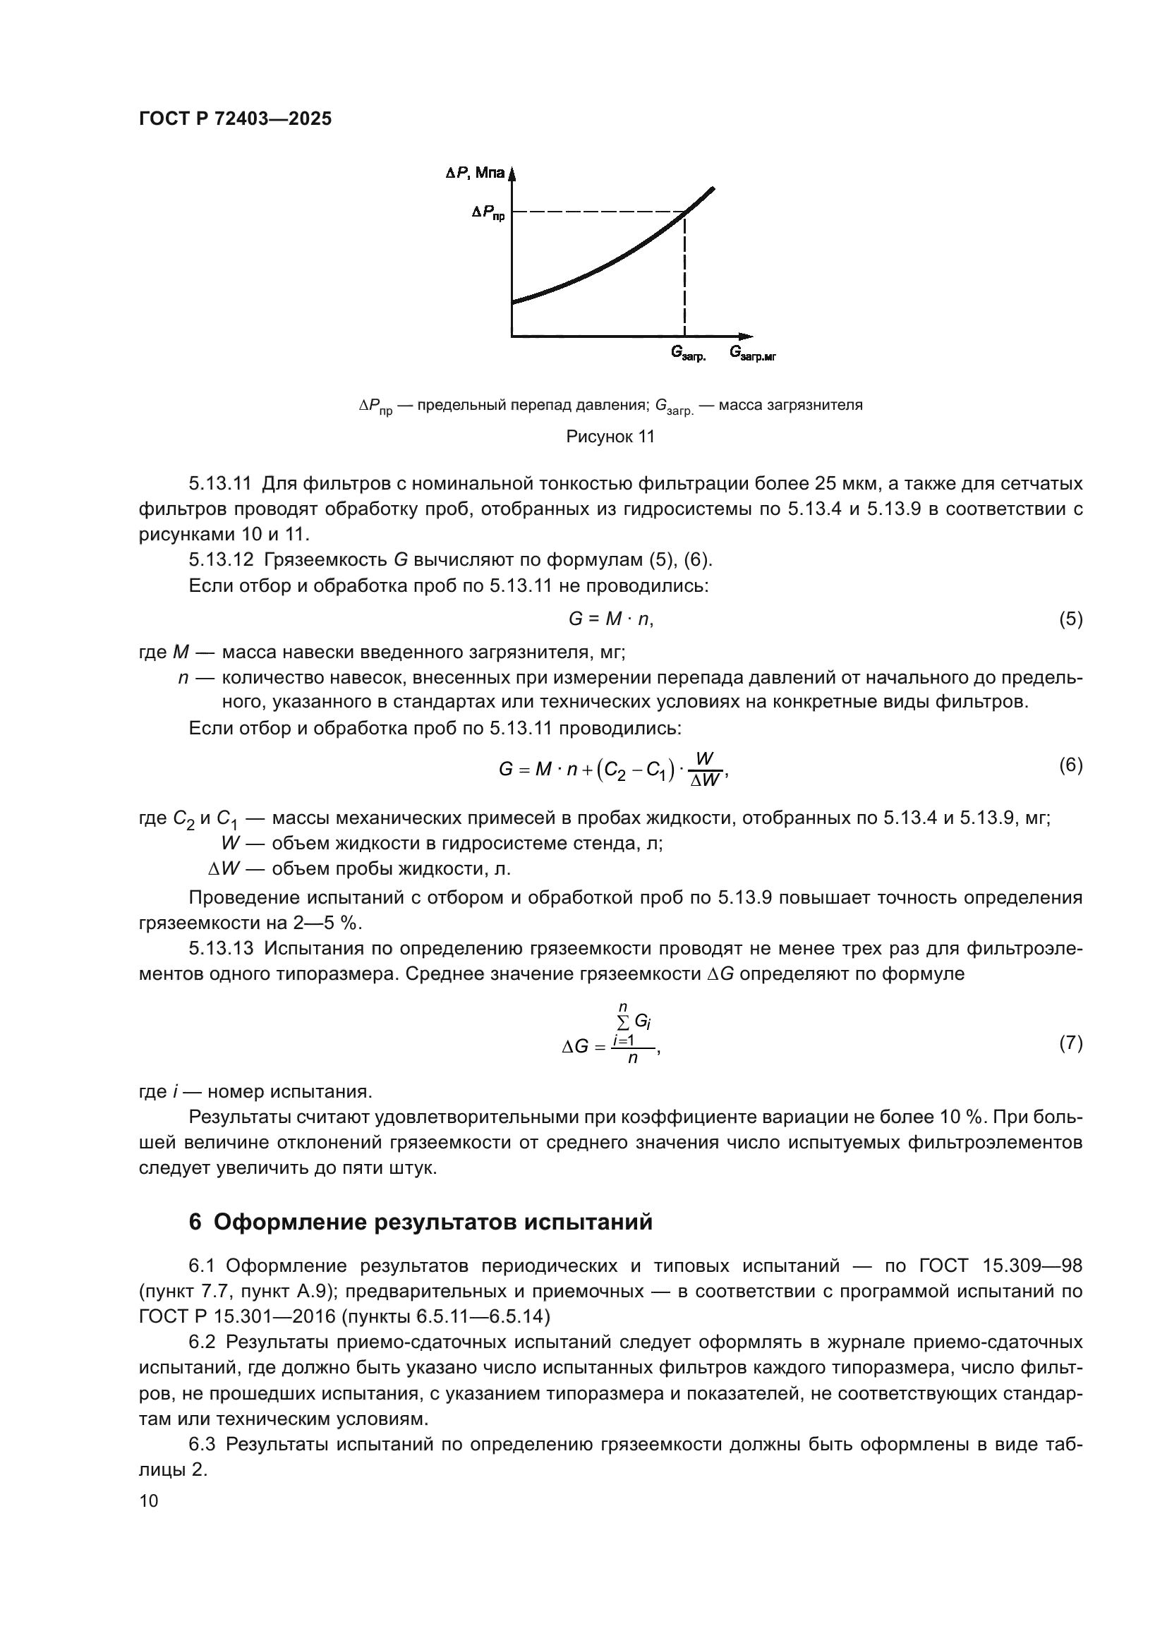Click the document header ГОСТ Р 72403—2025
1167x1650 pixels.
coord(235,119)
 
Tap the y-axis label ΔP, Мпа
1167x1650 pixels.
coord(474,174)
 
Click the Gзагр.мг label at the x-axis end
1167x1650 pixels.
coord(752,353)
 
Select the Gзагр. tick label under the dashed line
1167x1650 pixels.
coord(688,353)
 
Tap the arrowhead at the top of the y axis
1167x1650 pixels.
coord(512,174)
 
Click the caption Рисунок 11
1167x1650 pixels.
coord(610,436)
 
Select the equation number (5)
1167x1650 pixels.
coord(1071,619)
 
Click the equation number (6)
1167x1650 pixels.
coord(1071,765)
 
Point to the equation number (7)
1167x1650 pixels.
coord(1071,1043)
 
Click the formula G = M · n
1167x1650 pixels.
coord(610,619)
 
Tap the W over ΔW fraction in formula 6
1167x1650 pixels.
coord(704,770)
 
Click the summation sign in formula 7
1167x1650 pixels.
coord(622,1024)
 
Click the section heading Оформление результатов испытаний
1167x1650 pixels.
coord(433,1222)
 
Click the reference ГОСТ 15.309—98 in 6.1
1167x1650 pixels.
coord(1000,1266)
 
